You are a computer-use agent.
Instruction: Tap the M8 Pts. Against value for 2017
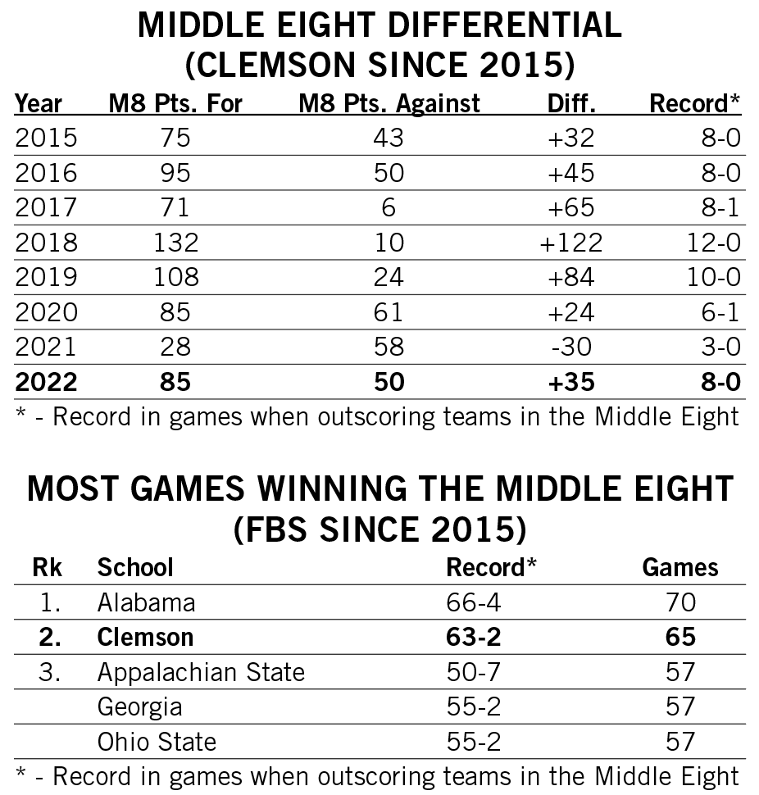tap(388, 207)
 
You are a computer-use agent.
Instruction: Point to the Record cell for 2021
tap(716, 346)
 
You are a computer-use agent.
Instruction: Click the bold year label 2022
tap(47, 381)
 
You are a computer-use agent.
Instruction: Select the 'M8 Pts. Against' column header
tap(389, 104)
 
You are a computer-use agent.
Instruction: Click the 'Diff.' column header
tap(571, 104)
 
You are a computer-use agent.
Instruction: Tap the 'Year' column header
tap(39, 104)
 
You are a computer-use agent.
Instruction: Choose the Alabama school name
tap(146, 602)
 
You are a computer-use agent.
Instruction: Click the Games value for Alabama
tap(679, 602)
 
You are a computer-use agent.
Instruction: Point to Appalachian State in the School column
tap(201, 672)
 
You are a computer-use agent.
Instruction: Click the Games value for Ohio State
tap(679, 742)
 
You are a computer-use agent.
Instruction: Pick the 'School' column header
tap(135, 567)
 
